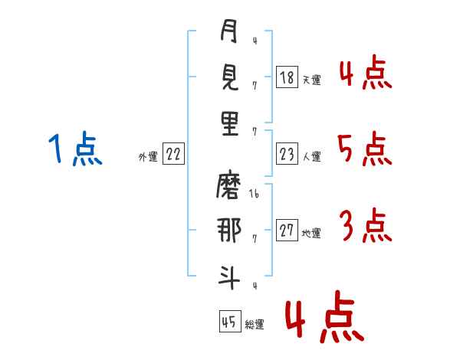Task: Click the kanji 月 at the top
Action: click(x=228, y=31)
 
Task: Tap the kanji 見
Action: click(x=229, y=77)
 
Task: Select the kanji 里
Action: click(x=230, y=123)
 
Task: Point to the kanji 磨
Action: click(x=228, y=186)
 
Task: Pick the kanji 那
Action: click(x=228, y=231)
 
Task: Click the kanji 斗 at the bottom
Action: click(x=229, y=277)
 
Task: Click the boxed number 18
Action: click(x=287, y=77)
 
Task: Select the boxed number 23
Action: click(x=287, y=154)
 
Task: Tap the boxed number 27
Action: click(x=287, y=230)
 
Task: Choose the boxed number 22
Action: click(x=173, y=154)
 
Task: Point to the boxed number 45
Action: click(x=230, y=321)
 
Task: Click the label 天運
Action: click(x=312, y=80)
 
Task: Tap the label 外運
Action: click(x=148, y=156)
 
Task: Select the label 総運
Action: click(x=255, y=324)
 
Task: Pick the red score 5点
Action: click(x=365, y=149)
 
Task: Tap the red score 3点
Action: click(x=366, y=225)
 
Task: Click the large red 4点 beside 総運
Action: click(x=325, y=316)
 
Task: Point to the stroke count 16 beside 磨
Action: click(x=254, y=193)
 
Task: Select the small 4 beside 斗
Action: click(x=255, y=286)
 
